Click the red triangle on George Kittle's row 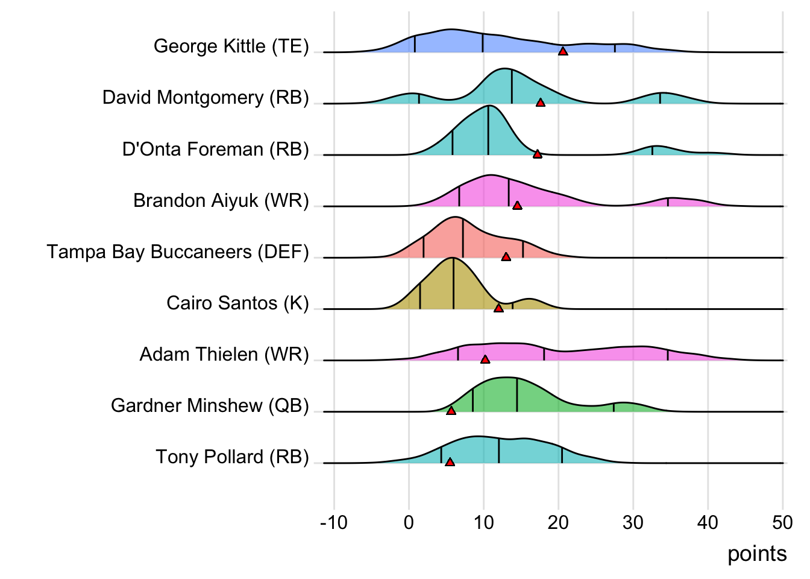563,52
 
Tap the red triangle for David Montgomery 541,103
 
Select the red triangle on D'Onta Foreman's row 538,154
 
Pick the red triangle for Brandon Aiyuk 517,206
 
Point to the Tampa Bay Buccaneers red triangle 506,257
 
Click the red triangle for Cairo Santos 498,308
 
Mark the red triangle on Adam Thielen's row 485,359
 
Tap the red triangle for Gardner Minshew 451,411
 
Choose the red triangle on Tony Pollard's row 450,462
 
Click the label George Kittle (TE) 231,46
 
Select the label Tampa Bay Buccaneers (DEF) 178,252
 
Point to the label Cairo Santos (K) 237,303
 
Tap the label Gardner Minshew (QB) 210,405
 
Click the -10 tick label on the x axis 333,522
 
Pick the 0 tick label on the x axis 409,522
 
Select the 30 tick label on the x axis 633,522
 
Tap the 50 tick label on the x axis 782,522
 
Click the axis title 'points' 757,554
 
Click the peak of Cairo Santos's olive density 453,258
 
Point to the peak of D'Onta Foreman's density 488,106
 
